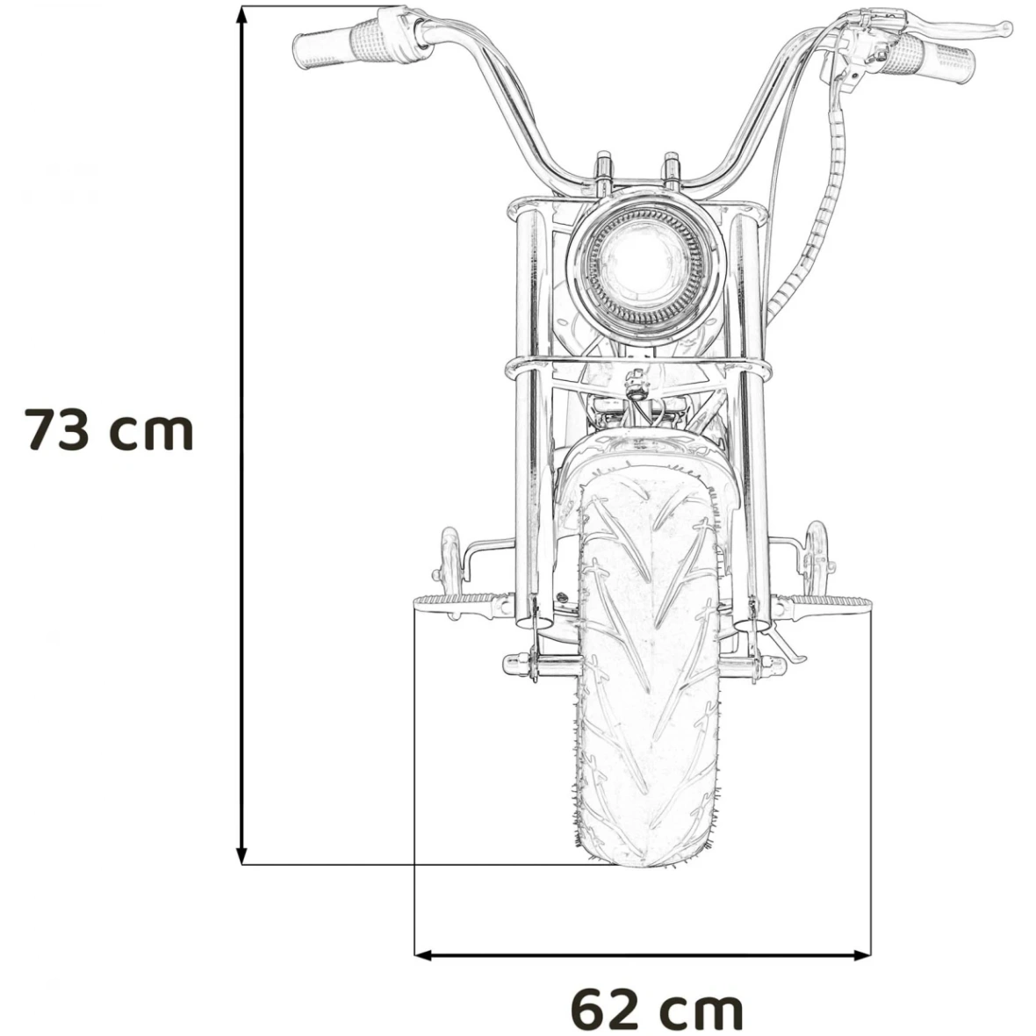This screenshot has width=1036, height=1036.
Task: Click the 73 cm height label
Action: pos(108,429)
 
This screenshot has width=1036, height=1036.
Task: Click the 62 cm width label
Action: pos(657,1009)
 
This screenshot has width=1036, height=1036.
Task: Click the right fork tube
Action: pos(748,413)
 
